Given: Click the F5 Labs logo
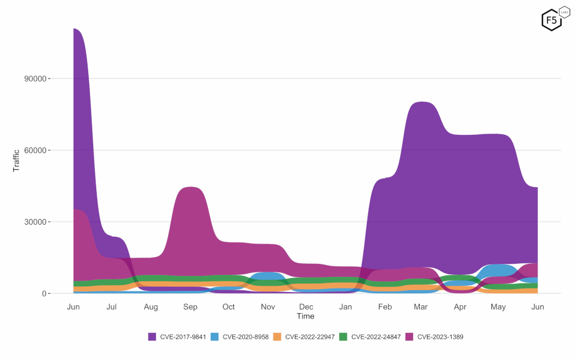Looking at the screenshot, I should pos(551,20).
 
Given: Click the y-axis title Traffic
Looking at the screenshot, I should pos(17,161).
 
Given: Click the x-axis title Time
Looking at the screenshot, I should pos(305,316).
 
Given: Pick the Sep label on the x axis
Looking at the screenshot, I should pos(190,307).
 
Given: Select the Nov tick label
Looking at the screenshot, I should pos(268,307).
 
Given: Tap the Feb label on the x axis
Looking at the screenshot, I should pos(384,307).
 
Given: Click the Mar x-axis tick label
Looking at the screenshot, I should pos(421,307).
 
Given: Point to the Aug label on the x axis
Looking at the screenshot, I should pos(151,307).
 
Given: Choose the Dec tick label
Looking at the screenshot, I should pos(306,307).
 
